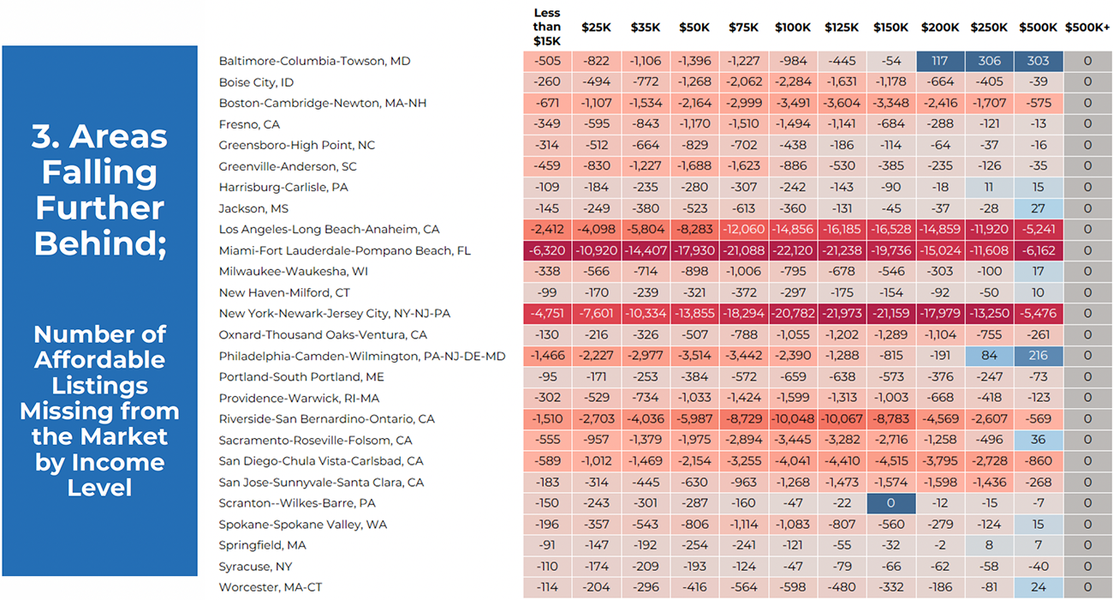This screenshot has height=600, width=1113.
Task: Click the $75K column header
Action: click(743, 27)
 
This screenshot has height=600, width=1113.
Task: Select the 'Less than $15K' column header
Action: click(546, 27)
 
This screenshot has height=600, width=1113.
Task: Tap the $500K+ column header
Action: click(1087, 27)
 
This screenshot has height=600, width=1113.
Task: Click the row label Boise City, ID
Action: click(256, 82)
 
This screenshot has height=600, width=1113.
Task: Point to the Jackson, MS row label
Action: click(253, 208)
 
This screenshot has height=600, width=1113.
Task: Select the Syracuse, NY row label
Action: click(255, 567)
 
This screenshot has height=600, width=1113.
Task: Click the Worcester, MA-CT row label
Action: click(271, 587)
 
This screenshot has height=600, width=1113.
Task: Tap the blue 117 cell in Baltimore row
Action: click(940, 61)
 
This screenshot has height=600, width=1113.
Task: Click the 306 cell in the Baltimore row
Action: click(989, 61)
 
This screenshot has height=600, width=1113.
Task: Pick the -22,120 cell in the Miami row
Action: click(793, 251)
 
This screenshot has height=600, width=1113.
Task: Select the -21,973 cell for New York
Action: click(842, 314)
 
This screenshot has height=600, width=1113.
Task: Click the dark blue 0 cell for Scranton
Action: click(891, 503)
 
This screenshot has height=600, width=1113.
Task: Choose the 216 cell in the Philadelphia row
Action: click(1039, 356)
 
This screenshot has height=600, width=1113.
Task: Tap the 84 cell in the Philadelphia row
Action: click(989, 356)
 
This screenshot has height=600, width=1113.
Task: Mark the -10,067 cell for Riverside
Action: click(842, 419)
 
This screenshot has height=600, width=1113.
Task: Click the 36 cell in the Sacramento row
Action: click(1039, 441)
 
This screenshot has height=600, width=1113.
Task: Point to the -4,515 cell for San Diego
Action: click(891, 461)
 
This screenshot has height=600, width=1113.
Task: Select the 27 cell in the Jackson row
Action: click(1039, 208)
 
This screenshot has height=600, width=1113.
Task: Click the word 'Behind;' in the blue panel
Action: click(100, 243)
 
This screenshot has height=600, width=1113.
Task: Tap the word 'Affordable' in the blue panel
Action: click(100, 360)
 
